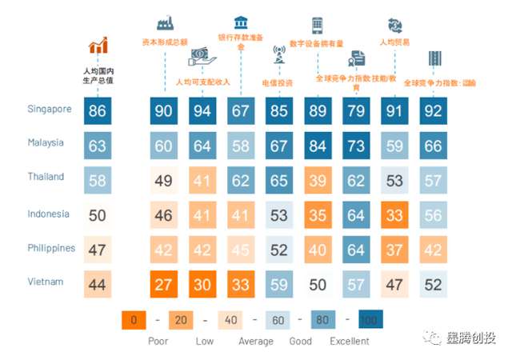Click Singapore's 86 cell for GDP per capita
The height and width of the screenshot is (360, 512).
[98, 110]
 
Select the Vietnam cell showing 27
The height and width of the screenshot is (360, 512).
[163, 284]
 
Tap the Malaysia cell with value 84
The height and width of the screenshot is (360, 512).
[317, 145]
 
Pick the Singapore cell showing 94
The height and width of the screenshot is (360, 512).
[202, 110]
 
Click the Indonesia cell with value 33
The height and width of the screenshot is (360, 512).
[393, 214]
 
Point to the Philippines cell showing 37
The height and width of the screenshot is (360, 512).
[393, 249]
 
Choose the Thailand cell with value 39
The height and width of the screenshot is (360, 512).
[317, 180]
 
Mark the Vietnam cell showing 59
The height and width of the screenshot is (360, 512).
[278, 284]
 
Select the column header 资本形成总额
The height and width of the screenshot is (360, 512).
[164, 42]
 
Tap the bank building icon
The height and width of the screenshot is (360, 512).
[240, 22]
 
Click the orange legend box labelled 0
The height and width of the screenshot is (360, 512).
[134, 320]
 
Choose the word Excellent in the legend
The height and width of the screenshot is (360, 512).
[350, 341]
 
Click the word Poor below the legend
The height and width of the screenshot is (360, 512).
[158, 341]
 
